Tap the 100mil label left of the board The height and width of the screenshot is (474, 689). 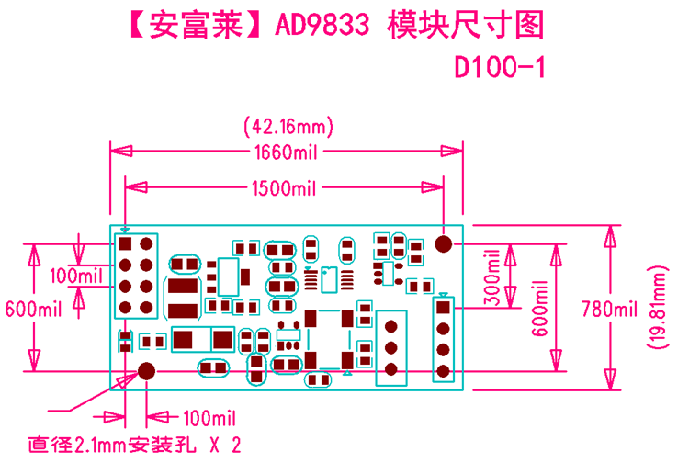(x=77, y=276)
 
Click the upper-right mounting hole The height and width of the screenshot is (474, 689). (x=444, y=244)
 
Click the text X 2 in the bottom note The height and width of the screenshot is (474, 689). (x=224, y=446)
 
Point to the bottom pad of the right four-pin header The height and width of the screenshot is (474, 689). (x=444, y=371)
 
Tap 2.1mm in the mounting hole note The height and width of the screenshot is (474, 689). (x=99, y=446)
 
